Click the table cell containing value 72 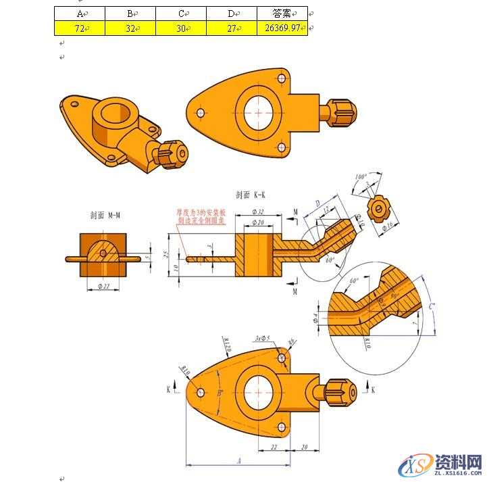[x=80, y=28]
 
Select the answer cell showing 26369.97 [x=282, y=28]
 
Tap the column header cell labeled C [x=181, y=14]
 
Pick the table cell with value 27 [x=232, y=28]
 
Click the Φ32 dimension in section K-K [x=257, y=212]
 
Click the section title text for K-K [x=251, y=195]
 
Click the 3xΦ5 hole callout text [x=262, y=338]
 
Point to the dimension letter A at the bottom [x=238, y=460]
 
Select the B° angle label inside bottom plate [x=221, y=393]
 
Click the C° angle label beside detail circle [x=433, y=306]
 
